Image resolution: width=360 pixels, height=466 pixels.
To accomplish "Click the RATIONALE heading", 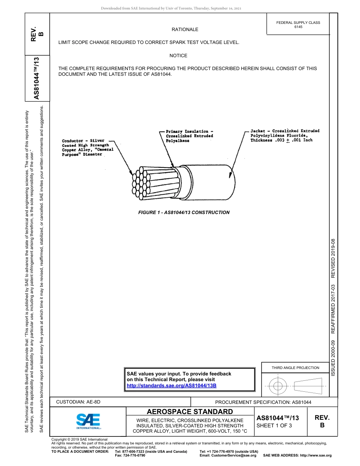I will tap(185, 30).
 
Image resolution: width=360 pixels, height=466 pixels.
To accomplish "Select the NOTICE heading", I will tap(178, 56).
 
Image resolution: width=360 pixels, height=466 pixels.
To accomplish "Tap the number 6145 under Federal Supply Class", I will tap(298, 27).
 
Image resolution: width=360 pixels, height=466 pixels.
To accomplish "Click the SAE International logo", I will tap(88, 421).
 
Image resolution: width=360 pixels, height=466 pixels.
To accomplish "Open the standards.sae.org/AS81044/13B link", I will tap(171, 386).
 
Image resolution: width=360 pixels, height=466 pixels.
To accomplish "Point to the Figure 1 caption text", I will tap(184, 213).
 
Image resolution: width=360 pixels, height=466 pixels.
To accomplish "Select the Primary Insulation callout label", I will tap(189, 136).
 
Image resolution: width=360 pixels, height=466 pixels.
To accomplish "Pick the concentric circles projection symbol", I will tap(278, 386).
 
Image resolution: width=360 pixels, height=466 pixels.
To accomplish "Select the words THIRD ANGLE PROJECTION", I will tap(295, 367).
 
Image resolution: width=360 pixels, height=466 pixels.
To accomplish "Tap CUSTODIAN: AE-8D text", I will tap(78, 402).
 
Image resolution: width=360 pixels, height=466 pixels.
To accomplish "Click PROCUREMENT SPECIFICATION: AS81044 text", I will tap(263, 402).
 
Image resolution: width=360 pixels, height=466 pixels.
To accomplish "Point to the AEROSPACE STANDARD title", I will tap(189, 412).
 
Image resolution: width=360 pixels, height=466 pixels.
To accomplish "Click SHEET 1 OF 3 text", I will tap(274, 425).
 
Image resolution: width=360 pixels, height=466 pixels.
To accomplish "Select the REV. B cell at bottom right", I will tap(322, 421).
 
